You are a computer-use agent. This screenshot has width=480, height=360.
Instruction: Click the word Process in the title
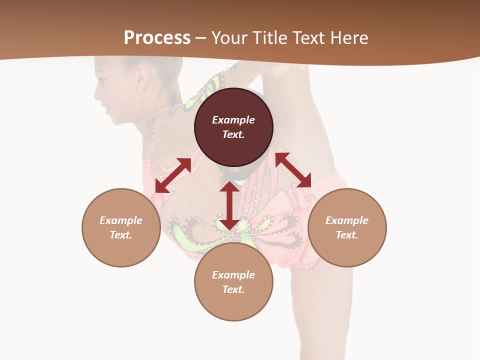[157, 38]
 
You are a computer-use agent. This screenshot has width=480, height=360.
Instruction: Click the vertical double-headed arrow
[229, 205]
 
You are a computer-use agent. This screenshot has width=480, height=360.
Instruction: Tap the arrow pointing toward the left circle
[173, 175]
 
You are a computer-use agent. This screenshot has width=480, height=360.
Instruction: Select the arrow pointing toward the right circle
[293, 170]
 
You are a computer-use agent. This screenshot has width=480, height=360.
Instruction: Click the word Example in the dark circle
[233, 120]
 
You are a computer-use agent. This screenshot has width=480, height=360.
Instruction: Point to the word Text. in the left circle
[121, 235]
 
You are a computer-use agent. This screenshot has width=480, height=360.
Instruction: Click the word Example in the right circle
[347, 220]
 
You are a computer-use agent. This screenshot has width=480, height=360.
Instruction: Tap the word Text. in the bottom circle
[233, 289]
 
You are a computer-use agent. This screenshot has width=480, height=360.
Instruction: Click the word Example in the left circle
[121, 220]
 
